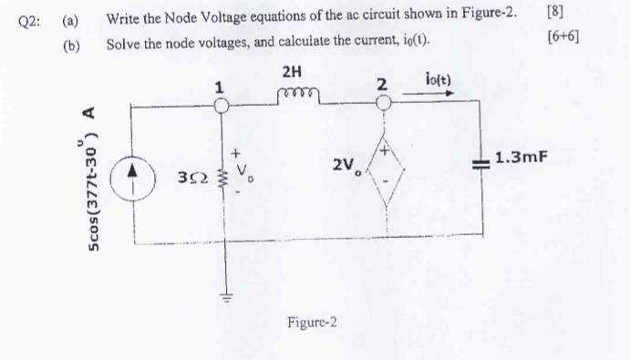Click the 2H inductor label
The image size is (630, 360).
(x=293, y=71)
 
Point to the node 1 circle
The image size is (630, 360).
(x=220, y=104)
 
